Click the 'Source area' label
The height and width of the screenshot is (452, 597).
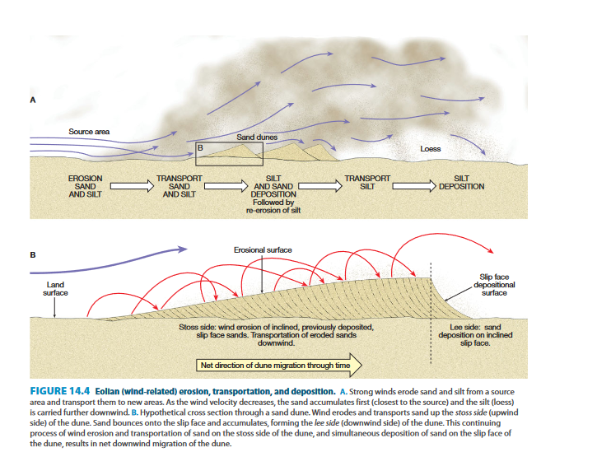point(89,132)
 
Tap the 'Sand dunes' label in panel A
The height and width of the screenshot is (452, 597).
point(257,137)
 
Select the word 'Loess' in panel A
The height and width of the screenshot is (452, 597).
point(430,149)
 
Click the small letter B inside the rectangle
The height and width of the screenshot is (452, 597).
point(199,147)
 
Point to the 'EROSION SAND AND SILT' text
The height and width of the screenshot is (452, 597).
point(85,187)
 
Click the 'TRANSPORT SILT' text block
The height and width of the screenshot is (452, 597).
point(366,182)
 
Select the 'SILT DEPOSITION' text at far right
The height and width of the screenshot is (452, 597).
point(462,182)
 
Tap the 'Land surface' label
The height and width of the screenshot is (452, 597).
point(54,288)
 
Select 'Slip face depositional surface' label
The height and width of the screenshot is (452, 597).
point(494,283)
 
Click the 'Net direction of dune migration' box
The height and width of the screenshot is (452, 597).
point(280,365)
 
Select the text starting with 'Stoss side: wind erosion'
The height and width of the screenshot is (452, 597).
point(276,335)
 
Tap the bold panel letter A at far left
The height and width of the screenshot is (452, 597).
point(34,100)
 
